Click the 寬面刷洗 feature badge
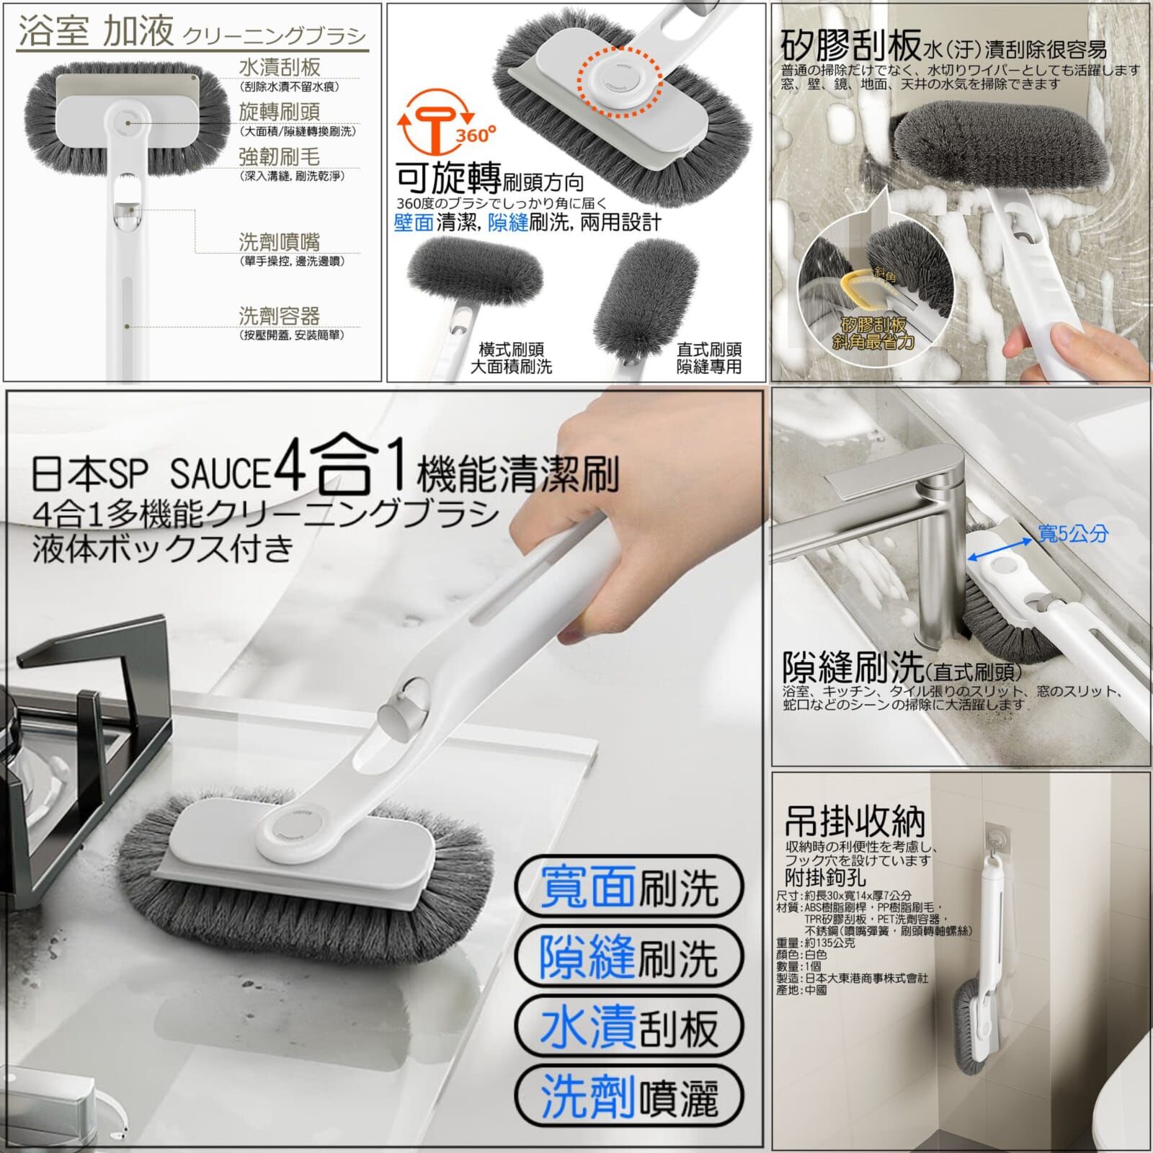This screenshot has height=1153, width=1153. click(629, 887)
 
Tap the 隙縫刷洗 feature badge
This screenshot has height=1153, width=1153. click(629, 957)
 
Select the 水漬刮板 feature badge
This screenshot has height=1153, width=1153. click(629, 1027)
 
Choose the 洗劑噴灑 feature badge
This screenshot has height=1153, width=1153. click(629, 1097)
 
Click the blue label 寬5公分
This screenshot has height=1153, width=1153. click(1072, 534)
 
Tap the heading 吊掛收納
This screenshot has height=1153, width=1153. click(855, 821)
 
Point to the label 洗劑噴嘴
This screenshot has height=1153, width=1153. click(279, 241)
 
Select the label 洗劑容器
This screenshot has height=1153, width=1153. click(279, 316)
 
